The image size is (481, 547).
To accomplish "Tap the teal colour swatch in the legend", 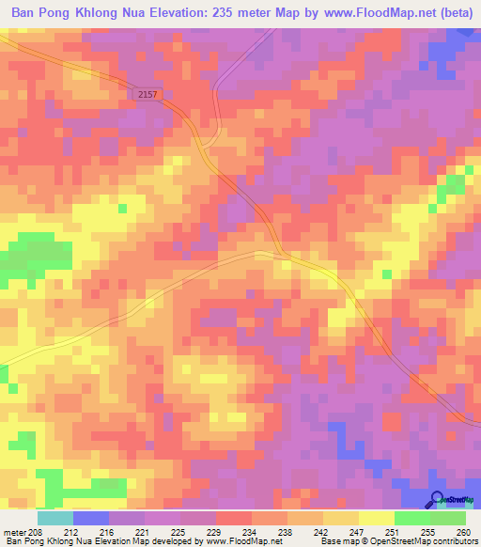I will point(55,518).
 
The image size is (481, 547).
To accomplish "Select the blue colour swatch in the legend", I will point(91,518).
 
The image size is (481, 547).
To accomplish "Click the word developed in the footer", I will point(181,541).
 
